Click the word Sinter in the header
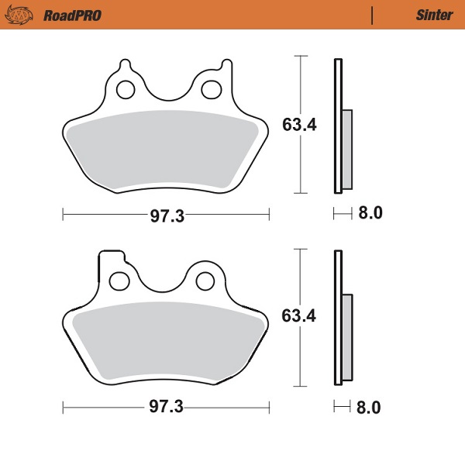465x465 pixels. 430,15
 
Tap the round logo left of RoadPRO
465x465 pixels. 25,15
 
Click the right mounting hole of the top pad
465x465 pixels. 210,90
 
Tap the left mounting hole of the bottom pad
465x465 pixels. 119,279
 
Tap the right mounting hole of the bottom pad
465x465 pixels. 205,279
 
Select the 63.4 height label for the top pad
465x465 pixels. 298,126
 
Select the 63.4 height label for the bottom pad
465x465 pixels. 298,316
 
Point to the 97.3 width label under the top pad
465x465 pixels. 167,216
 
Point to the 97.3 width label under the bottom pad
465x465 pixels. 167,407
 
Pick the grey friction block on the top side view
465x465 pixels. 346,150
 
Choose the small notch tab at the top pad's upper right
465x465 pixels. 226,64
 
